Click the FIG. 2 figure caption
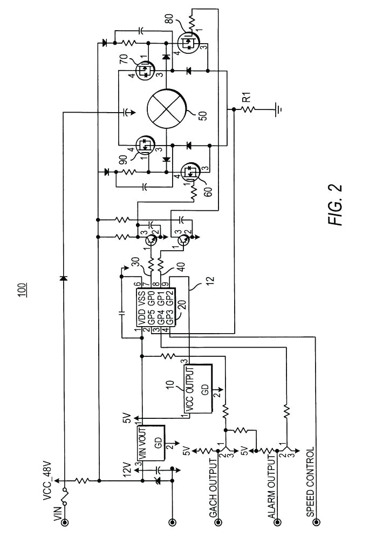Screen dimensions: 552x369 coord(337,205)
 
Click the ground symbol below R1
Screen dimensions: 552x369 coord(278,109)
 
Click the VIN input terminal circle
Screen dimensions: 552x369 coord(65,522)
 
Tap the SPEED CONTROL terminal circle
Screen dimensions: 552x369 coord(317,522)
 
